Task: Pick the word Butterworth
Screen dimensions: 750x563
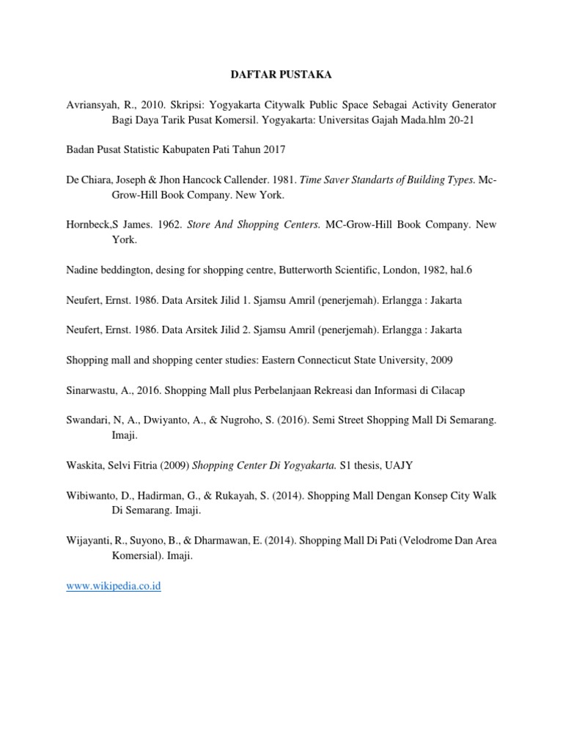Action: pyautogui.click(x=286, y=270)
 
